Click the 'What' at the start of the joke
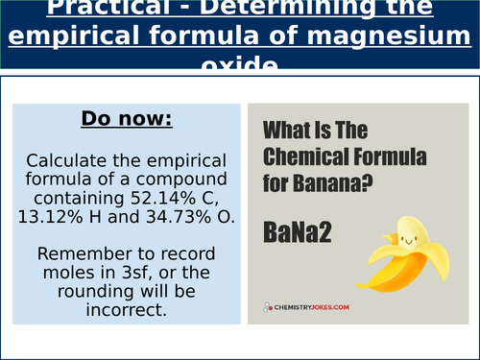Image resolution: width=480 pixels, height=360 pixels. tap(286, 131)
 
